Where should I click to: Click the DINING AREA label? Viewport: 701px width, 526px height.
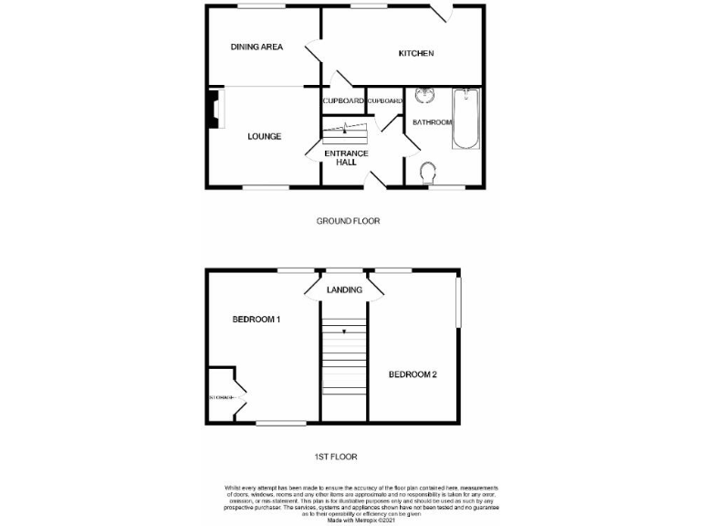tap(256, 47)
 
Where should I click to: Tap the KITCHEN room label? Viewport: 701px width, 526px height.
tap(415, 54)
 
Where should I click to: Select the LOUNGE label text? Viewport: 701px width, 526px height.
tap(264, 137)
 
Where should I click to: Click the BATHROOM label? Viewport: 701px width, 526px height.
tap(432, 121)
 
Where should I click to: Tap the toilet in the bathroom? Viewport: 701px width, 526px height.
tap(428, 172)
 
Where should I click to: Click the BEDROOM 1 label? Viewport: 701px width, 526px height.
tap(256, 320)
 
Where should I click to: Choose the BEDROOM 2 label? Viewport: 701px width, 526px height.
tap(413, 374)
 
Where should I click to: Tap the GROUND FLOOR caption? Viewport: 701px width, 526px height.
tap(348, 221)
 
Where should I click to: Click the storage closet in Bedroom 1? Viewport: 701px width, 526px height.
tap(221, 397)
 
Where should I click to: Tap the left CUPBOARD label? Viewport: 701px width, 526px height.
tap(343, 100)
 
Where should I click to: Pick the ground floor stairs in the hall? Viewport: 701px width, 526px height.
tap(345, 134)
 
